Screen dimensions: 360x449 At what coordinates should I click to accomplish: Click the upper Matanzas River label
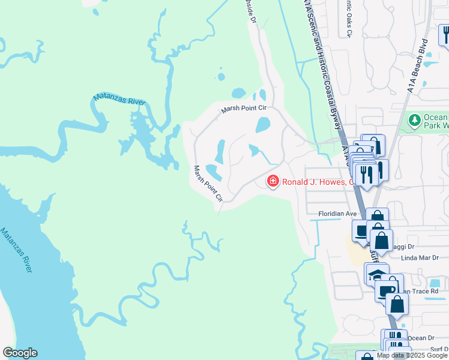tap(119, 99)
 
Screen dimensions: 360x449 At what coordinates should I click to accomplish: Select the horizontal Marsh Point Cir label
tap(243, 109)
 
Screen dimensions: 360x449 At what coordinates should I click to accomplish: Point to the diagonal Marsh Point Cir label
tap(208, 184)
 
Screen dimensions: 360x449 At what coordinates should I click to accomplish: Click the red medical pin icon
tap(273, 181)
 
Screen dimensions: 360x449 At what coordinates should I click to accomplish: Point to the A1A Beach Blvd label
tap(418, 66)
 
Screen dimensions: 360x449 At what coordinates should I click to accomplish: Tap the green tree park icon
tap(414, 121)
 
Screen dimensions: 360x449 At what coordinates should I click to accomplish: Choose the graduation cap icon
tap(376, 275)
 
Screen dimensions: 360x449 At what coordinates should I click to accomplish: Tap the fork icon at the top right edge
tap(445, 34)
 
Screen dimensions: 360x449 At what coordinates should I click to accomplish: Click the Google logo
tap(20, 353)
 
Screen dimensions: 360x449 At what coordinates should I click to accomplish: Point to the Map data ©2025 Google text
tap(411, 355)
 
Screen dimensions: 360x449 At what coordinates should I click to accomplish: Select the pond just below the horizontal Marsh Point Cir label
tap(263, 125)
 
